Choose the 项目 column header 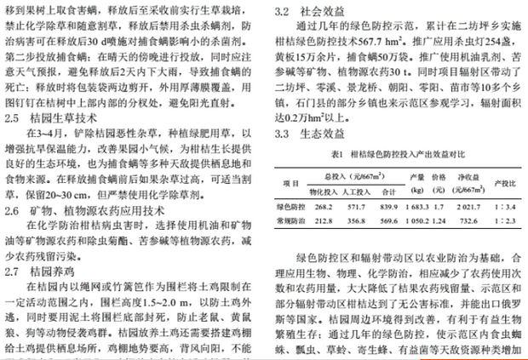click(290, 183)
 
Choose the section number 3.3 click(284, 134)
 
